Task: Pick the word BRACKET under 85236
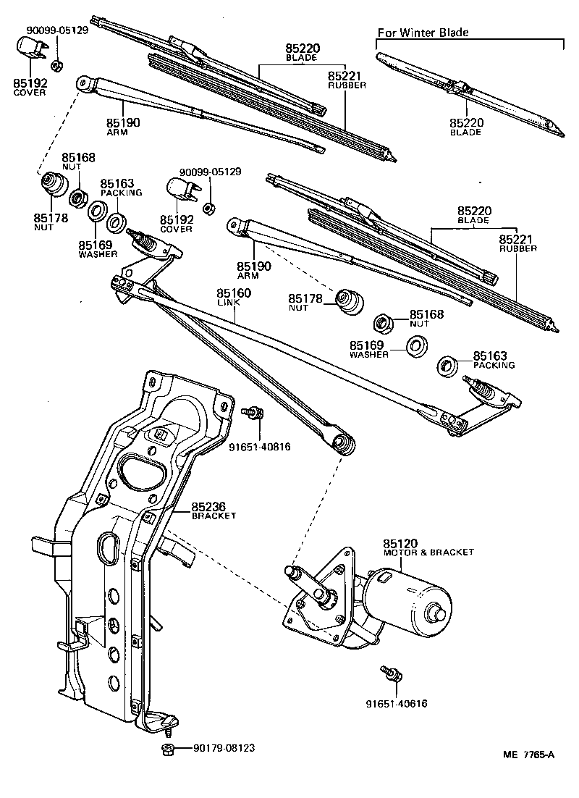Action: click(214, 516)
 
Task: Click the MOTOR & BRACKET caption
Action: click(428, 552)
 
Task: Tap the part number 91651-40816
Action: click(259, 447)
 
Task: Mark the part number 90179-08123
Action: click(224, 748)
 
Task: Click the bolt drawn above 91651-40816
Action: click(255, 413)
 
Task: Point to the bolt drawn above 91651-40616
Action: click(389, 674)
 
